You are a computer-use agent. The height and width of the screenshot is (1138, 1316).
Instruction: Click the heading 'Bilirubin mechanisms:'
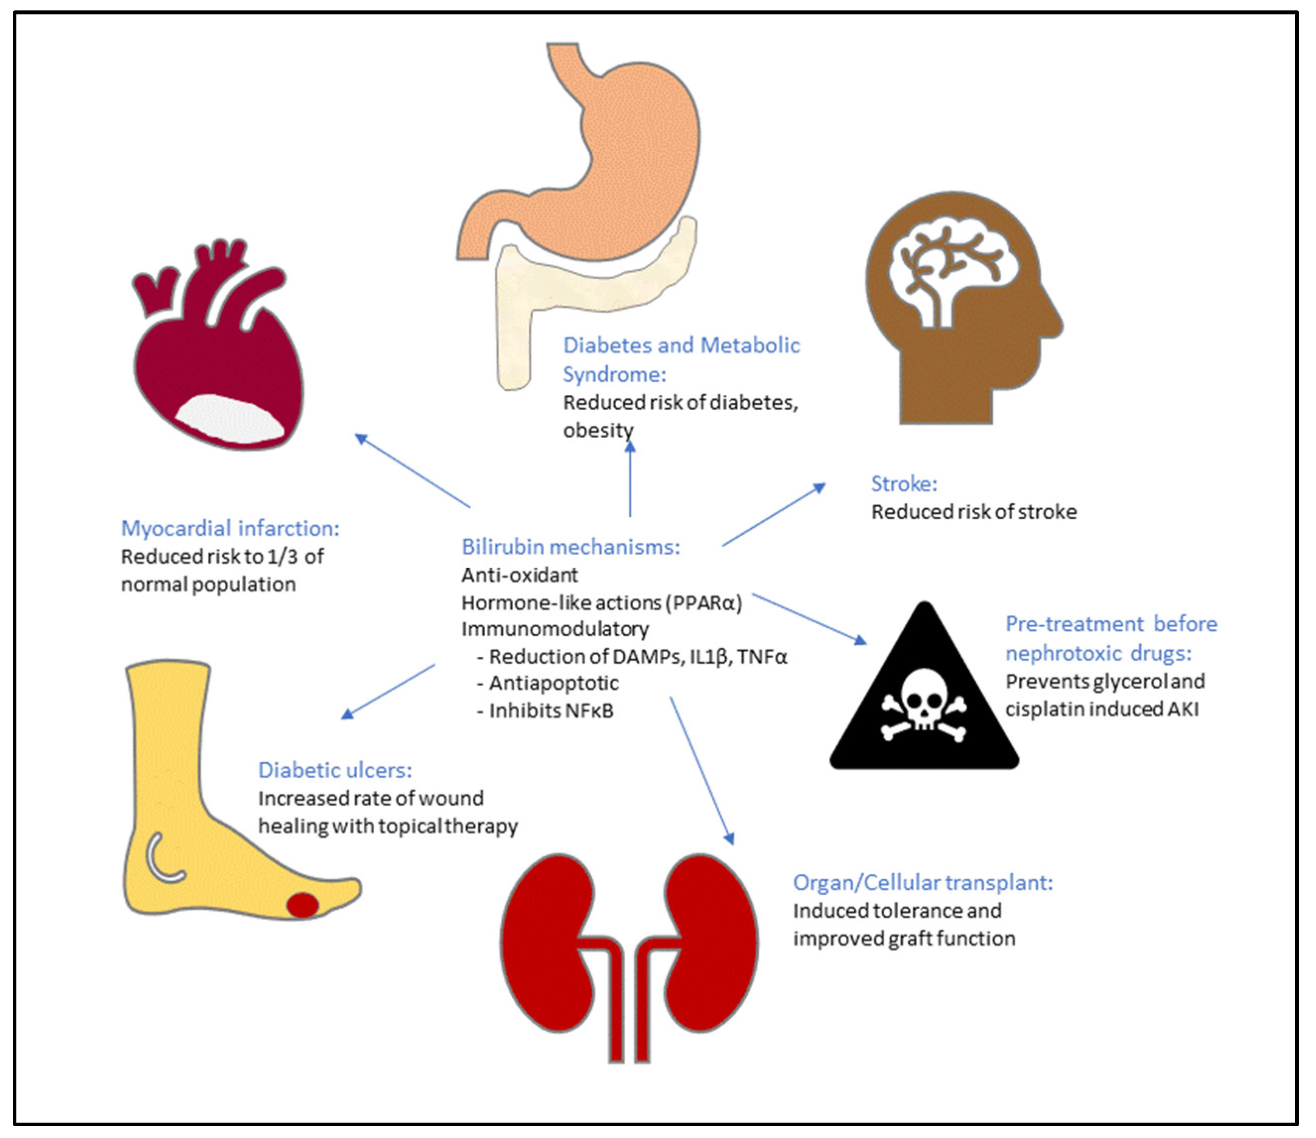(x=570, y=547)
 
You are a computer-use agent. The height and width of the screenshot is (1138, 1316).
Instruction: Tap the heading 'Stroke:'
(x=904, y=484)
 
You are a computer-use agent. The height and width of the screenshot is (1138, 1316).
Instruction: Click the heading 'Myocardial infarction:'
(x=230, y=529)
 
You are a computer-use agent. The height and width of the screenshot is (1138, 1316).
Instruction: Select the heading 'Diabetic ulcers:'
(x=335, y=770)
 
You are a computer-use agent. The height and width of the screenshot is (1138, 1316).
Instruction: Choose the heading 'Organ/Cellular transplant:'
(x=922, y=883)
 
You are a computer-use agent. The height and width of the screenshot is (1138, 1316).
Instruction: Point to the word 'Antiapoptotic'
(x=553, y=683)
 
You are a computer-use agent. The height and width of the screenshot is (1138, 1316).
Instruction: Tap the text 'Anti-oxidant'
(x=519, y=575)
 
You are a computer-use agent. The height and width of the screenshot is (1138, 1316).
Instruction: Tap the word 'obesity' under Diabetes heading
(x=598, y=430)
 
